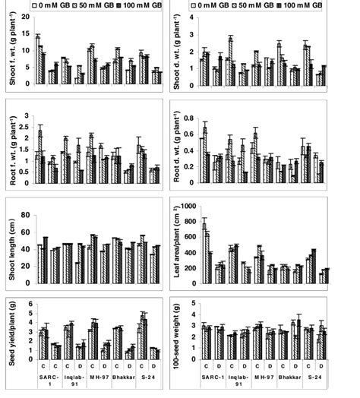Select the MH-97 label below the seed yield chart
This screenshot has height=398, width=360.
(x=102, y=376)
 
